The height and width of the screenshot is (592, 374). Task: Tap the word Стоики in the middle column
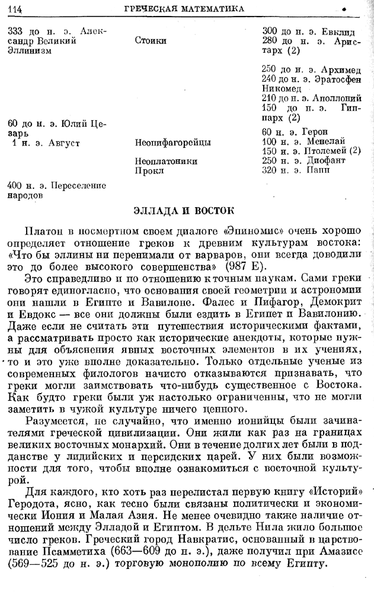tap(151, 41)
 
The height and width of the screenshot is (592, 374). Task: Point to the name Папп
tap(319, 170)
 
